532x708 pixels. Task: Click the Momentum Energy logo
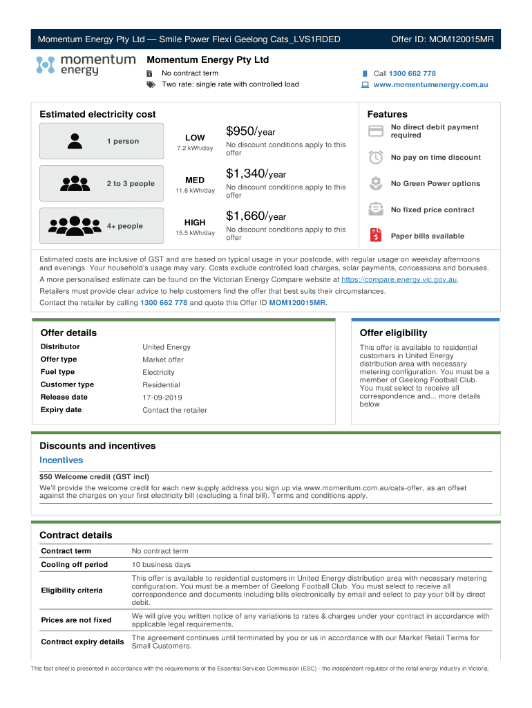click(86, 66)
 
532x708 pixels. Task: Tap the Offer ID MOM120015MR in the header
click(442, 39)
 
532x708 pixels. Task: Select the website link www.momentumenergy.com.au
click(430, 85)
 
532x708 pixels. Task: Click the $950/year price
click(251, 131)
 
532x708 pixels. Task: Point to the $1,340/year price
click(256, 174)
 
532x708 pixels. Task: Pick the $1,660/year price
click(256, 216)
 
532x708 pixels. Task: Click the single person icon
click(75, 142)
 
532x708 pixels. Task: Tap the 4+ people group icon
click(75, 226)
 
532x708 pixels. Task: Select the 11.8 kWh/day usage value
click(195, 191)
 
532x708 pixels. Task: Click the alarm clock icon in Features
click(376, 158)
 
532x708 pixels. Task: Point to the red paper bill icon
click(376, 236)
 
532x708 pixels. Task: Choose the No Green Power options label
click(435, 184)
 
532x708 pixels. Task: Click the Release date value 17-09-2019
click(162, 398)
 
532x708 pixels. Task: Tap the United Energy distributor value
click(167, 347)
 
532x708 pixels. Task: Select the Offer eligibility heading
click(393, 333)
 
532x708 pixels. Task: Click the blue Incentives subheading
click(61, 460)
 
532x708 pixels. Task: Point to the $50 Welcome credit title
click(94, 476)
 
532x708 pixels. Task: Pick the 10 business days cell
click(161, 565)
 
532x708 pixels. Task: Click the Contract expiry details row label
click(82, 642)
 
